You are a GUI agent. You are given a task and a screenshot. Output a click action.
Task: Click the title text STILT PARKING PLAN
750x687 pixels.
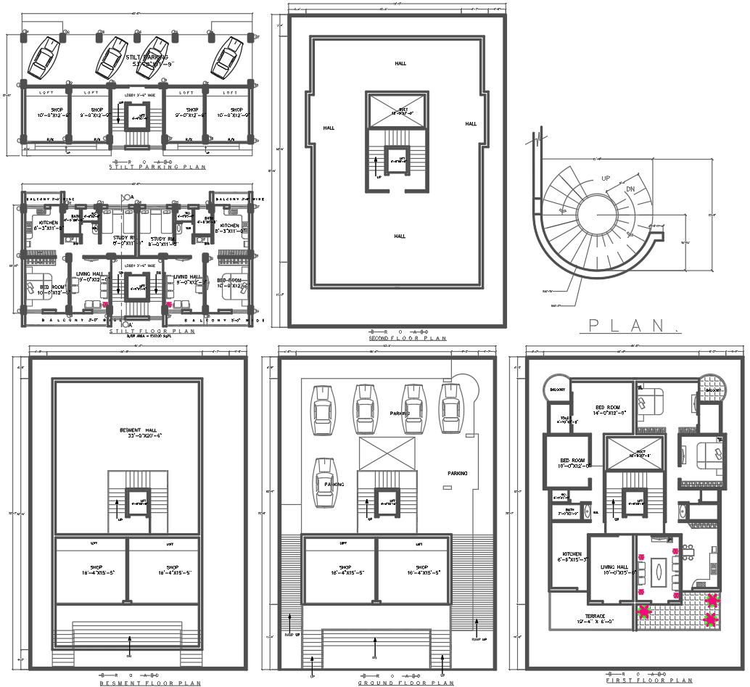pyautogui.click(x=157, y=168)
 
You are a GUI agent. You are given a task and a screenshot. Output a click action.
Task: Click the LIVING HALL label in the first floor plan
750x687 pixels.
pyautogui.click(x=614, y=569)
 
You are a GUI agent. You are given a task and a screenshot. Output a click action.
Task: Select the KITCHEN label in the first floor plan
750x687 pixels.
pyautogui.click(x=571, y=556)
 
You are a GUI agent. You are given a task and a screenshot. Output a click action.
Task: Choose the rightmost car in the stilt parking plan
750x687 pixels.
pyautogui.click(x=227, y=57)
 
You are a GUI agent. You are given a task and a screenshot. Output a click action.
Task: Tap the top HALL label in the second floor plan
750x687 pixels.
pyautogui.click(x=400, y=64)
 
